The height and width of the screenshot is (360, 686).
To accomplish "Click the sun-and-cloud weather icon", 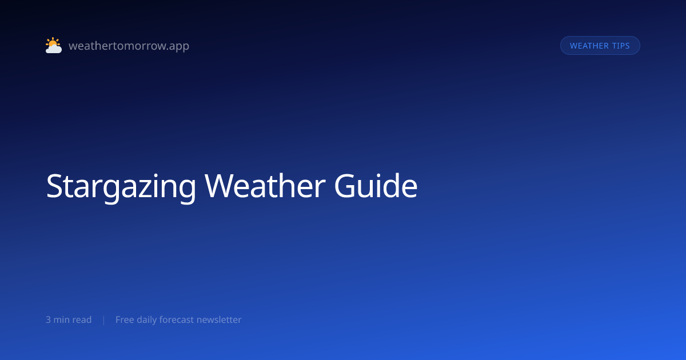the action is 54,45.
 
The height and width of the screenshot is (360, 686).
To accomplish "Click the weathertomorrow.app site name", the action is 129,46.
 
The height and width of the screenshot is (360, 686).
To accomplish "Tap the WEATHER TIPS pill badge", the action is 600,46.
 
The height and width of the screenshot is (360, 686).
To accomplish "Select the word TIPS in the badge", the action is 621,46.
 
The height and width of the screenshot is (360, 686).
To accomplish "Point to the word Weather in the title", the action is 265,186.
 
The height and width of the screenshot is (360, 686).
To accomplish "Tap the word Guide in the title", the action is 376,186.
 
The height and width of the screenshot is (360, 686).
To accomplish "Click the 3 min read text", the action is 69,319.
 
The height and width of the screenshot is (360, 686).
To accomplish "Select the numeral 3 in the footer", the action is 49,320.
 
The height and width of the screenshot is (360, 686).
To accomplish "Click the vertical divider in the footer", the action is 104,320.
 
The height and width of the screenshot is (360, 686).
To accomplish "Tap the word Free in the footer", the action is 125,319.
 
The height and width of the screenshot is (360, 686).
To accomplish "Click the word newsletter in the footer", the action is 219,319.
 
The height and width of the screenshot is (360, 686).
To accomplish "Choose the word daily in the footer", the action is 146,320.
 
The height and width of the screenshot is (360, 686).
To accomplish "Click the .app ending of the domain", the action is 179,46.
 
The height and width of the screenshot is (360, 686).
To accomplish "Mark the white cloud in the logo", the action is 54,49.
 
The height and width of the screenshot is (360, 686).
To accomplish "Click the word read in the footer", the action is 83,319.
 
